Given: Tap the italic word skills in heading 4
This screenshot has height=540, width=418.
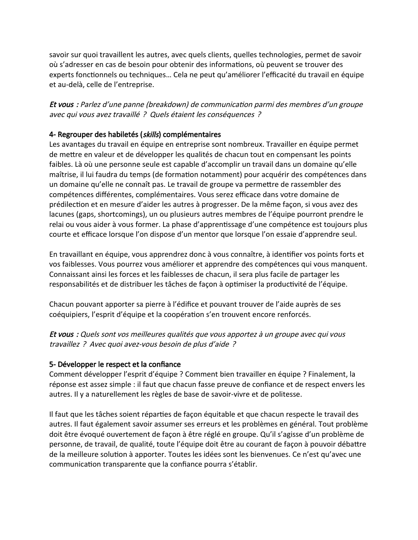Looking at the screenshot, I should [151, 135].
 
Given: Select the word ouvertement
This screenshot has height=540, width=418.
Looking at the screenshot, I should [104, 434].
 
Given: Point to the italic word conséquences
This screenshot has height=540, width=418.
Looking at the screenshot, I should [230, 114].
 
